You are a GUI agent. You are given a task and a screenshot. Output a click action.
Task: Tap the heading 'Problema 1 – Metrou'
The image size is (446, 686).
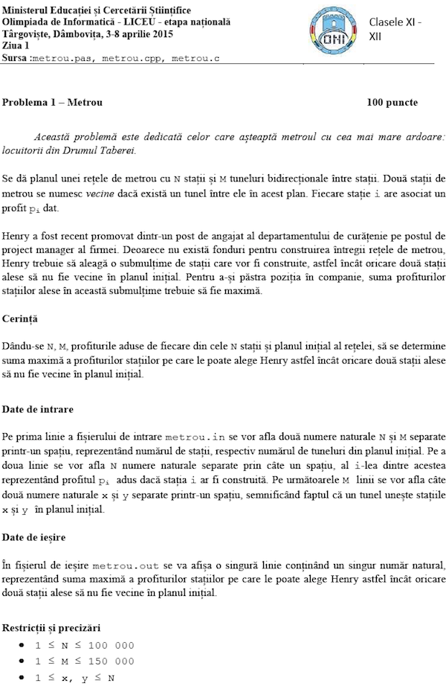point(52,102)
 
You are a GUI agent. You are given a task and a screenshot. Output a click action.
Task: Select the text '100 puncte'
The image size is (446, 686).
point(392,102)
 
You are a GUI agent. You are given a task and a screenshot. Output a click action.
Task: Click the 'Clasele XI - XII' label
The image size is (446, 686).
point(395,29)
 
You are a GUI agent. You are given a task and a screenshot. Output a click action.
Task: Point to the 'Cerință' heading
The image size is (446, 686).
point(21,318)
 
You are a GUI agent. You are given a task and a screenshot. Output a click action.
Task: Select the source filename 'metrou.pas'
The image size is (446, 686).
point(61,57)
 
